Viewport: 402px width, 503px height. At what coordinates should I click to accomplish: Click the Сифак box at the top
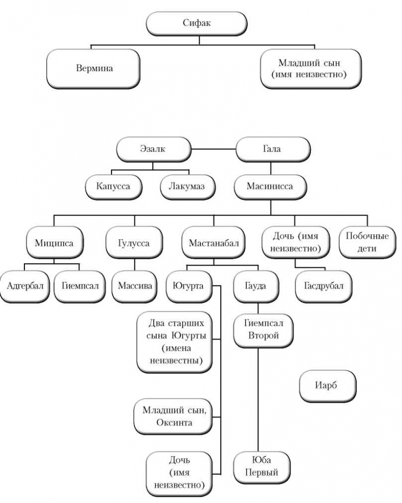pyautogui.click(x=196, y=22)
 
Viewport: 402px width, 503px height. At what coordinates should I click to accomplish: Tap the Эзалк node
pyautogui.click(x=154, y=149)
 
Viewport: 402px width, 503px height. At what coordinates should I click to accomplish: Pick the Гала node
pyautogui.click(x=272, y=149)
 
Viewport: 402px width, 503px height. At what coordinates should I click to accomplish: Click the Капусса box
pyautogui.click(x=113, y=186)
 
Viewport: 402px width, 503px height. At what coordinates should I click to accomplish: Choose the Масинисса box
pyautogui.click(x=271, y=186)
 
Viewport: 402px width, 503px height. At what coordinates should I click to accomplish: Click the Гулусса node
pyautogui.click(x=134, y=242)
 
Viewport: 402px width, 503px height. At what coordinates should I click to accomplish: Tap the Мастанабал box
pyautogui.click(x=214, y=242)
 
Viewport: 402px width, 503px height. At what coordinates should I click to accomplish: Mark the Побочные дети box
pyautogui.click(x=367, y=242)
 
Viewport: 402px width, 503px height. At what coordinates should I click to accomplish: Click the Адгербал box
pyautogui.click(x=24, y=285)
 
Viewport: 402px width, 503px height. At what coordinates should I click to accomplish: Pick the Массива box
pyautogui.click(x=134, y=285)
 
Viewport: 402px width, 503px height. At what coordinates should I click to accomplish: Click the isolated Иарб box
pyautogui.click(x=328, y=385)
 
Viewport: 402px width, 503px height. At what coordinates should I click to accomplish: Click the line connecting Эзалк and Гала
pyautogui.click(x=214, y=149)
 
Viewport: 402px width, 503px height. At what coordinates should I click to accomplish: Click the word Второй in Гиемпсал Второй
pyautogui.click(x=259, y=336)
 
